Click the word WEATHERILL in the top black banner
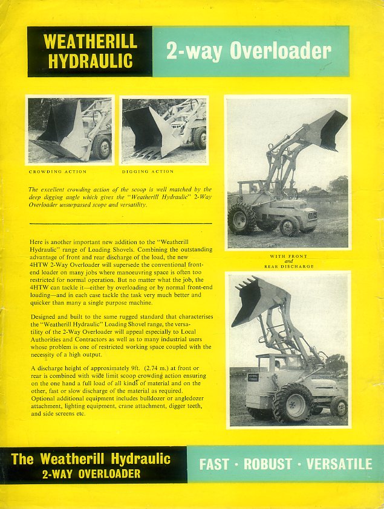point(90,42)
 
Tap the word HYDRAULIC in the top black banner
point(90,61)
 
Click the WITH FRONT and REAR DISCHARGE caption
point(288,261)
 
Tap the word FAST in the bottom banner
point(214,464)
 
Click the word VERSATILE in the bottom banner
point(339,464)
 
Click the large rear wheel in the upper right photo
point(242,219)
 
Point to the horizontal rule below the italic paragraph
point(121,224)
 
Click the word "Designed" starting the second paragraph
point(44,316)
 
